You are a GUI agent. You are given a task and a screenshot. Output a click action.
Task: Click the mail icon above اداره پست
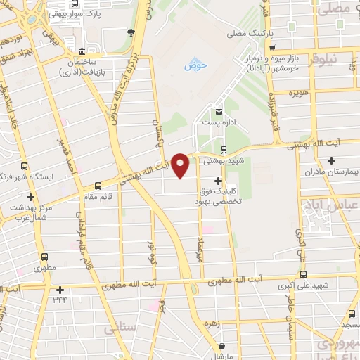(219, 112)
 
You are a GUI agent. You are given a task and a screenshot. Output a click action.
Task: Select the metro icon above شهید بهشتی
(224, 149)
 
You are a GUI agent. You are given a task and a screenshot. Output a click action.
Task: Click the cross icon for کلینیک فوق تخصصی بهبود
(218, 181)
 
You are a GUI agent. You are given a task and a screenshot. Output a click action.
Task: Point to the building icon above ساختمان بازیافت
(82, 52)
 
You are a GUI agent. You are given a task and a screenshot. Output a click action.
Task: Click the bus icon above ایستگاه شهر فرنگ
(25, 167)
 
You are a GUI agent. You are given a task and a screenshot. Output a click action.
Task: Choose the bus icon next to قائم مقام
(97, 187)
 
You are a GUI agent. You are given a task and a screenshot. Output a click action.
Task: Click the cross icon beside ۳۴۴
(60, 289)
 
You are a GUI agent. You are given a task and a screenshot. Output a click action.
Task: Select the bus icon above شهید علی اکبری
(304, 275)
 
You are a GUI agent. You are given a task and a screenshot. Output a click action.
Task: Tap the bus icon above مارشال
(222, 345)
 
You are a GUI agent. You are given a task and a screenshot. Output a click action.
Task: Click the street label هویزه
(295, 92)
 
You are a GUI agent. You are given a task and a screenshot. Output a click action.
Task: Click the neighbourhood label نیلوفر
(342, 60)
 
